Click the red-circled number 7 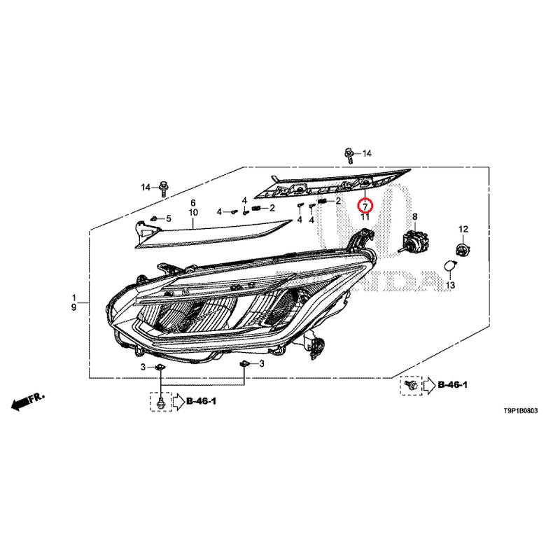pyautogui.click(x=365, y=206)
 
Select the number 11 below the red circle pyautogui.click(x=365, y=217)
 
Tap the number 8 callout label pyautogui.click(x=414, y=216)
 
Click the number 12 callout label pyautogui.click(x=463, y=229)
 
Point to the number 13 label pyautogui.click(x=450, y=285)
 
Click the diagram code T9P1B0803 pyautogui.click(x=520, y=411)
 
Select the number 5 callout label pyautogui.click(x=169, y=218)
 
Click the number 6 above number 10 pyautogui.click(x=193, y=202)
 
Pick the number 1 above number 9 pyautogui.click(x=74, y=297)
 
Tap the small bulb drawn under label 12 pyautogui.click(x=463, y=248)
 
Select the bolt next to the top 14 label pyautogui.click(x=349, y=155)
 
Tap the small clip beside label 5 pyautogui.click(x=154, y=218)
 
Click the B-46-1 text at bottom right pyautogui.click(x=452, y=384)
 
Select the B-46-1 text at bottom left pyautogui.click(x=201, y=401)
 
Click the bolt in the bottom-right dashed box pyautogui.click(x=412, y=385)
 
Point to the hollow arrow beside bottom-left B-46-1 pyautogui.click(x=178, y=402)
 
